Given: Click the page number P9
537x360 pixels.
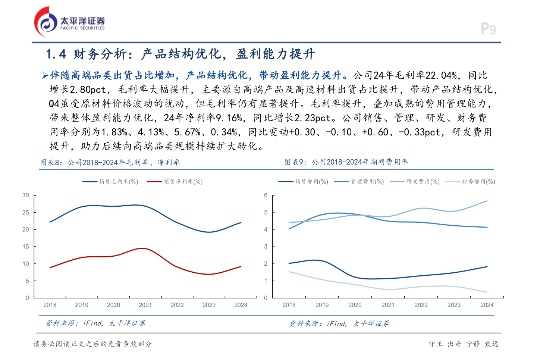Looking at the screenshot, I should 488,29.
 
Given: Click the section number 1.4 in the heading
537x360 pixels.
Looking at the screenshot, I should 56,54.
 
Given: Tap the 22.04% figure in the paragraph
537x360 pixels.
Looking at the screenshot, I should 441,76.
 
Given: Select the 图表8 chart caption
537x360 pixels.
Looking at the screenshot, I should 110,162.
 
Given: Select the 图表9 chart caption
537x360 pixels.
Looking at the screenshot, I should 346,162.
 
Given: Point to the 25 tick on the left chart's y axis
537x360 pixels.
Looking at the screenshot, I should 25,212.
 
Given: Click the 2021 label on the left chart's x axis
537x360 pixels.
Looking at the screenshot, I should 145,305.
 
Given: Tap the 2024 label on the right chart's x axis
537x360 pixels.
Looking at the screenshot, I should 487,305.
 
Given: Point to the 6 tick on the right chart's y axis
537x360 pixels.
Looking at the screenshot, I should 266,195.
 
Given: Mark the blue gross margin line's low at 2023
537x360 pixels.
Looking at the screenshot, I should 209,232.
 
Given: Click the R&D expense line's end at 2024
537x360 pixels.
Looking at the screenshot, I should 487,201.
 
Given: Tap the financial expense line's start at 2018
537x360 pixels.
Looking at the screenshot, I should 289,272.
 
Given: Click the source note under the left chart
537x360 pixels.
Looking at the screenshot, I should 95,323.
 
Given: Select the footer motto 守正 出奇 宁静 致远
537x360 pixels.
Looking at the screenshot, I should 464,344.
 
